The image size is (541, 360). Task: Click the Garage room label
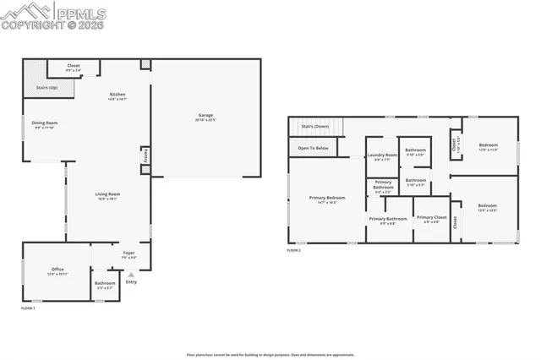tap(205, 115)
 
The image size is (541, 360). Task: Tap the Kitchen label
tap(117, 94)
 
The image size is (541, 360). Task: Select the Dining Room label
tap(46, 123)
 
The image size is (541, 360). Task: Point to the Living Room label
tap(107, 194)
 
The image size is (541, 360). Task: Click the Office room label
tap(57, 270)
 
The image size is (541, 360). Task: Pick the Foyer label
tap(128, 253)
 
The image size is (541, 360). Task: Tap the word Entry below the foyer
tap(131, 281)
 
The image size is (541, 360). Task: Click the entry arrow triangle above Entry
tap(130, 274)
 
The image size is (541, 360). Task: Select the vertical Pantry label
tap(145, 156)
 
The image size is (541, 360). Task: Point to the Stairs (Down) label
tap(315, 126)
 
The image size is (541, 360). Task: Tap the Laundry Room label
tap(382, 155)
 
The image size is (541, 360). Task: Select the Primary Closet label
tap(430, 217)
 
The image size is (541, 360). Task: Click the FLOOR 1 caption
tap(28, 308)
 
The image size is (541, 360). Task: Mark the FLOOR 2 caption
tap(293, 250)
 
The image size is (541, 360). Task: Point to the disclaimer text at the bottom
tap(270, 354)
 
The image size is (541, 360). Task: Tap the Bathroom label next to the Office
tap(105, 283)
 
